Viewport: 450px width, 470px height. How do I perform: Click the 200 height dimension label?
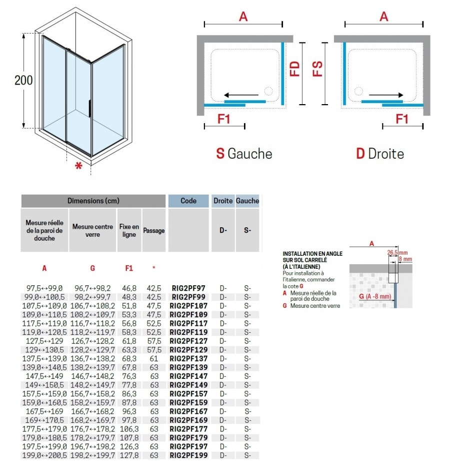23,80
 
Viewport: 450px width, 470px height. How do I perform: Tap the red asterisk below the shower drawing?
78,167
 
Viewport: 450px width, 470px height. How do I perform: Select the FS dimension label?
317,69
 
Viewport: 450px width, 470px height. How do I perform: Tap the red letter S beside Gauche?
220,154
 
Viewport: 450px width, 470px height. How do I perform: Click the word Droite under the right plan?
386,154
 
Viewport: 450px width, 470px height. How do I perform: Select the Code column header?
188,201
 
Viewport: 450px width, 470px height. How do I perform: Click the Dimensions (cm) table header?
93,201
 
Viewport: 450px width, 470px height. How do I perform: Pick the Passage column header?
154,231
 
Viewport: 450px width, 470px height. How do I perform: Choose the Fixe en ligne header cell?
129,231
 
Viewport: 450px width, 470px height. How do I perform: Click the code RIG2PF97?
188,288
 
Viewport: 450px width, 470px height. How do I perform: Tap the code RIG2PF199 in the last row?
189,455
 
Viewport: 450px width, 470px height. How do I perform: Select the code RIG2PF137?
189,358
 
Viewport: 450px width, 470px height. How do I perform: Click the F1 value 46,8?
128,288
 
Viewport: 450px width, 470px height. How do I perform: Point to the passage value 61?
154,358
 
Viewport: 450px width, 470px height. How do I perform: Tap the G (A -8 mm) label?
372,297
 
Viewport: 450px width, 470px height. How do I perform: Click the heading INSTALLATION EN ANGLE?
312,254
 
